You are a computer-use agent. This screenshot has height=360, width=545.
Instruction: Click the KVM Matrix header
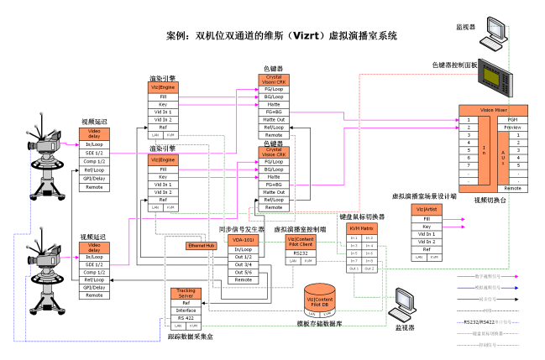click(x=361, y=227)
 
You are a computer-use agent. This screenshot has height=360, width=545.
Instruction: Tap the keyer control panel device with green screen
click(x=495, y=83)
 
